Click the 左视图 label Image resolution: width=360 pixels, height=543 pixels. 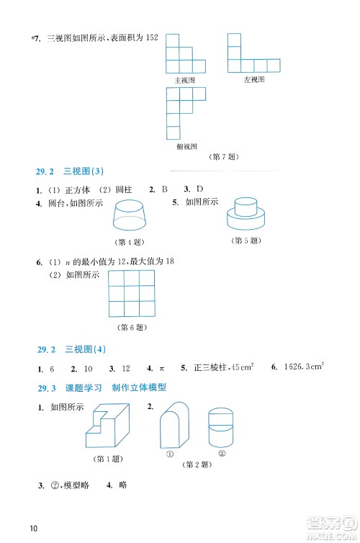[x=254, y=81]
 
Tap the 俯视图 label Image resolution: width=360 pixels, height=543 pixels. [x=185, y=145]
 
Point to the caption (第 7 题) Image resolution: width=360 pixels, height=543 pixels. [x=223, y=157]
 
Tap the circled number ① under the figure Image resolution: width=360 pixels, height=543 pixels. [x=171, y=454]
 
